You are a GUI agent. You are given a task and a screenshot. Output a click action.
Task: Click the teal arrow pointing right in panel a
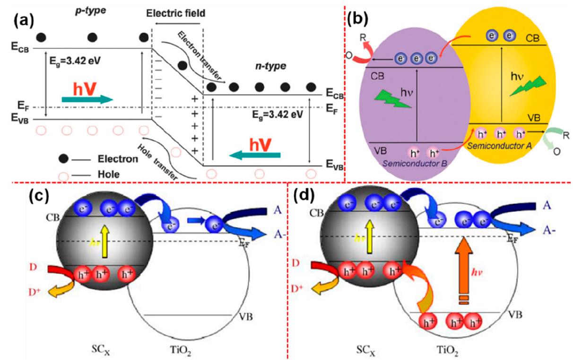click(x=87, y=98)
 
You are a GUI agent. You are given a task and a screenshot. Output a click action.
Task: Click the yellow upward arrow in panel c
click(x=100, y=241)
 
